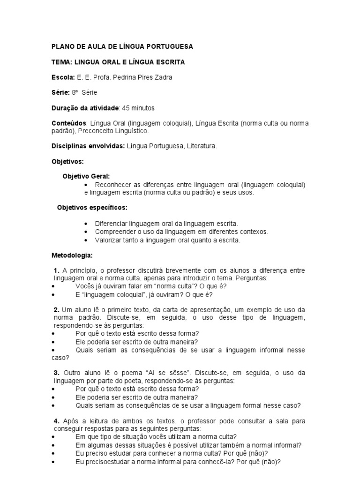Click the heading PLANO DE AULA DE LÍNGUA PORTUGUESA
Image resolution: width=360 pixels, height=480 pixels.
[122, 47]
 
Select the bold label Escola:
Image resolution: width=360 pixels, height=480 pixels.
[63, 77]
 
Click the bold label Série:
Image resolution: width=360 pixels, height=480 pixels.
[60, 93]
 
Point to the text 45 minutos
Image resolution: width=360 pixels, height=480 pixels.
[138, 108]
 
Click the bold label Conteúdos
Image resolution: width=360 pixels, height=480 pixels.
[68, 123]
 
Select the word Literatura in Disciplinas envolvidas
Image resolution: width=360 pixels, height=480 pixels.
[202, 146]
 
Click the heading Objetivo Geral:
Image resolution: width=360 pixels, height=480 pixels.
[86, 177]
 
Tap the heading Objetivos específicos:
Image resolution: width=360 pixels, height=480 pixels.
[92, 207]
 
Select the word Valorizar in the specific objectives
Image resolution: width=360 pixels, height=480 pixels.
[108, 240]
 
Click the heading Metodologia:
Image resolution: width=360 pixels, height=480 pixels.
[72, 255]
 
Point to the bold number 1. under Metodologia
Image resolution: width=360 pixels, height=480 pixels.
[57, 271]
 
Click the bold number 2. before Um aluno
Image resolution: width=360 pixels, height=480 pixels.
[57, 310]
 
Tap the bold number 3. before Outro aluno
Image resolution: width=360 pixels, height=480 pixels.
[57, 373]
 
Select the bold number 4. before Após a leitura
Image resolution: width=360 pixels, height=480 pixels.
[57, 421]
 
